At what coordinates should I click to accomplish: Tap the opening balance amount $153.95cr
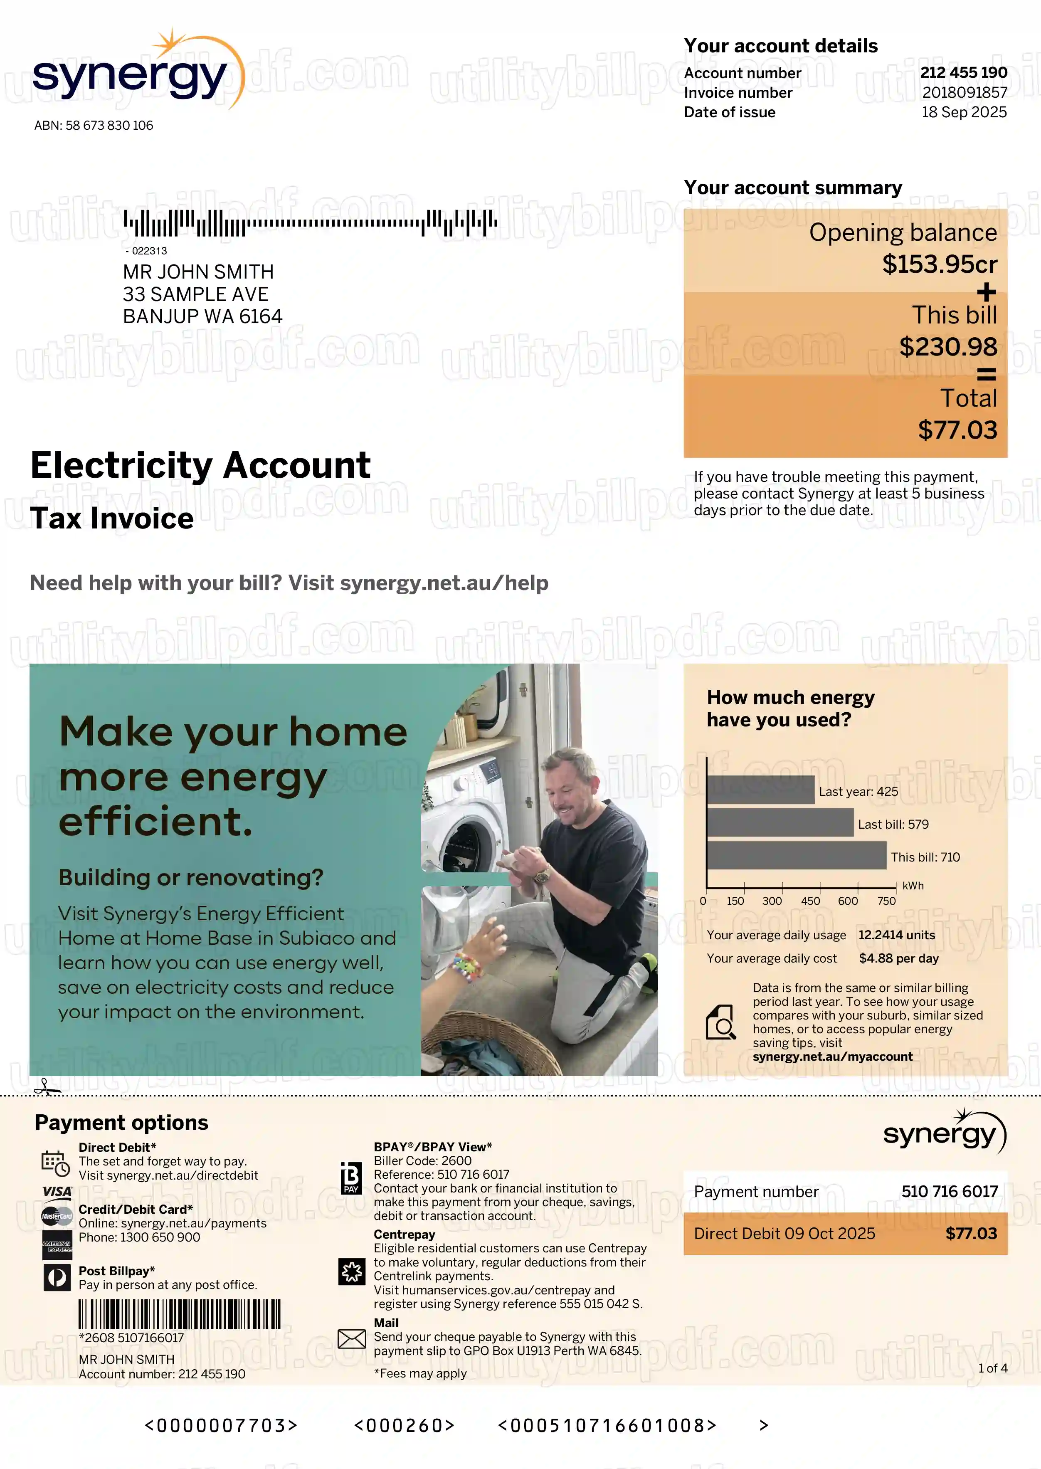pyautogui.click(x=939, y=264)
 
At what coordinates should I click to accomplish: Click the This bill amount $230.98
pyautogui.click(x=948, y=347)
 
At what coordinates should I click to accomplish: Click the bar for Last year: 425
pyautogui.click(x=760, y=790)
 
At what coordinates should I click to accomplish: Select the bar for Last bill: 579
pyautogui.click(x=780, y=823)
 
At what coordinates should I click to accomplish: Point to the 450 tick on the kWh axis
pyautogui.click(x=810, y=901)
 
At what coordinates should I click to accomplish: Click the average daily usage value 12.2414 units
pyautogui.click(x=896, y=935)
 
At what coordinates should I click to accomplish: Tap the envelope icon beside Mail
pyautogui.click(x=351, y=1339)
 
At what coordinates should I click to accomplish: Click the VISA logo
pyautogui.click(x=57, y=1192)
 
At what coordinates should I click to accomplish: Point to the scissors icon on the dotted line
pyautogui.click(x=45, y=1087)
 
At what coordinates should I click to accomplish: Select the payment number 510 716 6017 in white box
pyautogui.click(x=950, y=1192)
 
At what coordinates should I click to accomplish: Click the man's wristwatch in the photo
pyautogui.click(x=542, y=876)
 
